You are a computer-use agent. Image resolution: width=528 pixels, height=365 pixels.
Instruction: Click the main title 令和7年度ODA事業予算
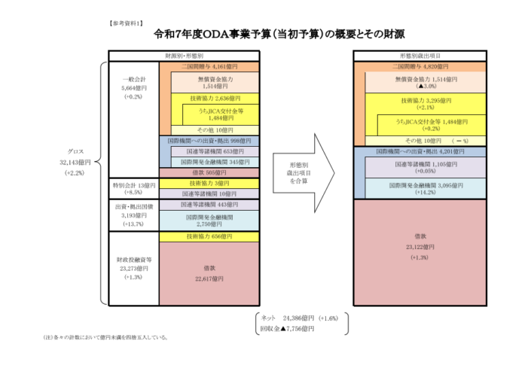(264, 34)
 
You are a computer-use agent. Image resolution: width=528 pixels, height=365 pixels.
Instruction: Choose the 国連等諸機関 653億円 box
(210, 151)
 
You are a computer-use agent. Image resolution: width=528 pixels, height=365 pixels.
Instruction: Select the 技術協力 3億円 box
(210, 183)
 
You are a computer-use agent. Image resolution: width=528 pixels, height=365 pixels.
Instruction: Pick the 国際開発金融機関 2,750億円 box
(210, 220)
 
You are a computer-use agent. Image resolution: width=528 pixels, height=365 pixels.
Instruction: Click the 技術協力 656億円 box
(210, 236)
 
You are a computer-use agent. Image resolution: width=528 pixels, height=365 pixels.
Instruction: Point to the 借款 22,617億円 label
(210, 272)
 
